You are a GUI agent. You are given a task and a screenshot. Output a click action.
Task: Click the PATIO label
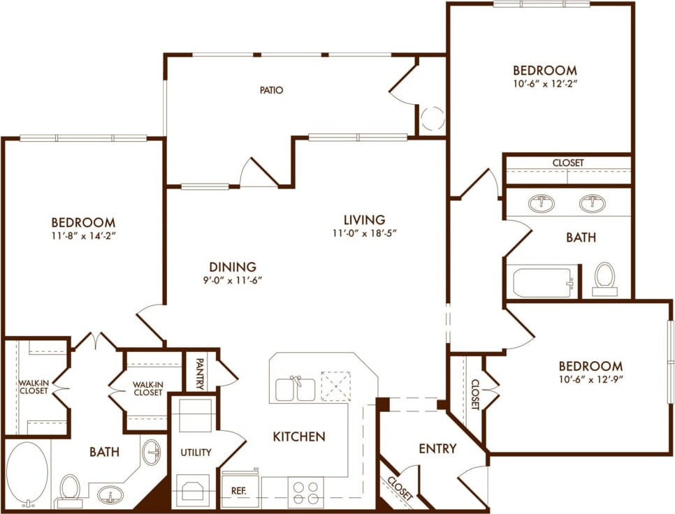[271, 90]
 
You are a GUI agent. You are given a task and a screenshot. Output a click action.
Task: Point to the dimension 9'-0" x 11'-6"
[232, 281]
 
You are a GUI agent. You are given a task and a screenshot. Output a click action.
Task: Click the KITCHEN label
[298, 436]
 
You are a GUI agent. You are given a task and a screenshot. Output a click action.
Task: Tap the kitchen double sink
[295, 388]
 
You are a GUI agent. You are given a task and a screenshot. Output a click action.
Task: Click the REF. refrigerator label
[238, 490]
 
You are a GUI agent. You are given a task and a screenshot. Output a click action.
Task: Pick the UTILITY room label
[196, 452]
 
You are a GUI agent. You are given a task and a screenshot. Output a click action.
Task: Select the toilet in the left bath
[70, 489]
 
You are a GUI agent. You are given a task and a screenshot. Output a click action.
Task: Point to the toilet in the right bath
[604, 277]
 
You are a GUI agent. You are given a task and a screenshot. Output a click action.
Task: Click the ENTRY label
[437, 448]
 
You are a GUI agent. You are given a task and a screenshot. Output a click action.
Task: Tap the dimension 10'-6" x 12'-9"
[590, 381]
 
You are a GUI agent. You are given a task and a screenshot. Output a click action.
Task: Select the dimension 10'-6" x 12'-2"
[545, 83]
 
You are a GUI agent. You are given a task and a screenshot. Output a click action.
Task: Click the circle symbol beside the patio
[433, 118]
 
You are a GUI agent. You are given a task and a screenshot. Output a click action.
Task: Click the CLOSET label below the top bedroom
[567, 163]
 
